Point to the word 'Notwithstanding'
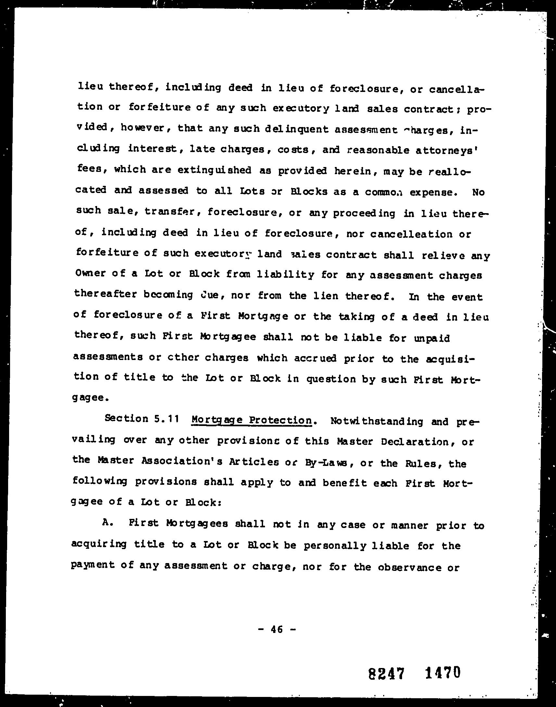point(377,421)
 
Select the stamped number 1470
point(443,672)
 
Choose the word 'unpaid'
point(432,338)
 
